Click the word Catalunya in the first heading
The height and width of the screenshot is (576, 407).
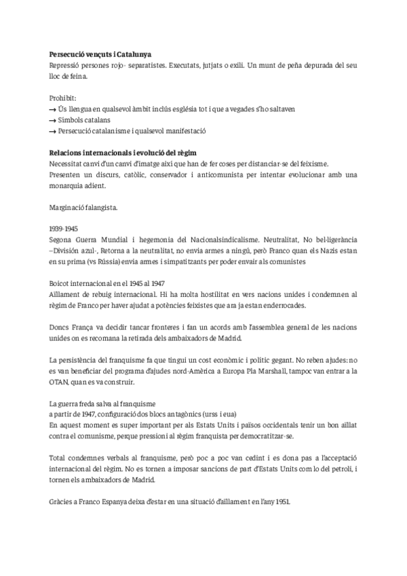[x=130, y=54]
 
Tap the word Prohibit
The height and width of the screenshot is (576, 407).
[x=63, y=98]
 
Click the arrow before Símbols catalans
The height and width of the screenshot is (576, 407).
[x=54, y=120]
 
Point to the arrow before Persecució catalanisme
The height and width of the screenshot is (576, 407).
[x=54, y=131]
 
